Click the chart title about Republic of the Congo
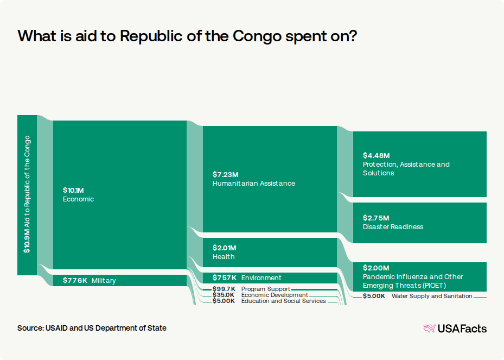(187, 36)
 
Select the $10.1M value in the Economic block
(73, 190)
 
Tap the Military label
(104, 281)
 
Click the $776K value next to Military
(75, 281)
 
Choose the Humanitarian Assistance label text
(254, 184)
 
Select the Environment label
(261, 278)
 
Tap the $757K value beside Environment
(225, 278)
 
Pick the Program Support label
(266, 289)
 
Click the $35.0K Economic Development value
(224, 295)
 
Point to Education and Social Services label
(284, 301)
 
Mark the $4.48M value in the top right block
(376, 155)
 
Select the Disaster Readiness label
(393, 227)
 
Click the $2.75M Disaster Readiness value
(376, 218)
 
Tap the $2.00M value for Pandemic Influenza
(376, 268)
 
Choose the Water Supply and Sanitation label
(432, 296)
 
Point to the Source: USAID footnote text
(92, 328)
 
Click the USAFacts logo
(455, 329)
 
